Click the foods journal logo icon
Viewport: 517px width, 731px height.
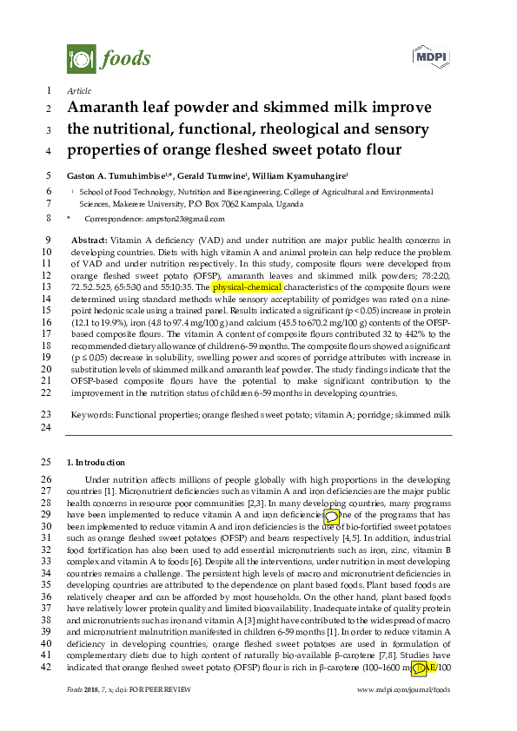point(81,59)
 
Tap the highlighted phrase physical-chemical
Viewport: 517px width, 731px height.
point(247,286)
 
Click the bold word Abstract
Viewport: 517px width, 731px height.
point(89,239)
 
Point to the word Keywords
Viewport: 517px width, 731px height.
point(89,416)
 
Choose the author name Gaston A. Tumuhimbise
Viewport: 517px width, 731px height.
point(118,175)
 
